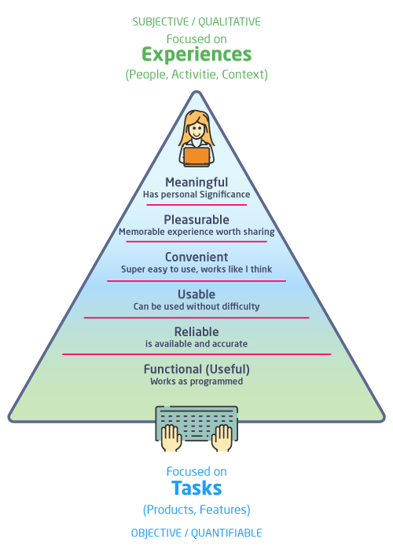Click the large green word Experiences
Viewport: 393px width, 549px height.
coord(196,55)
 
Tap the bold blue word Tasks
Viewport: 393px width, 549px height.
coord(196,488)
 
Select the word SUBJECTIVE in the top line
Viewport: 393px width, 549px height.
coord(160,22)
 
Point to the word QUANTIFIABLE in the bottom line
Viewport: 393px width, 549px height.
coord(226,533)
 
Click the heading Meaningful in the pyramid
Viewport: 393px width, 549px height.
coord(196,183)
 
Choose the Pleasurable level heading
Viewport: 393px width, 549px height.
coord(196,220)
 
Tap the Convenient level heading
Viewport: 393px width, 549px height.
coord(196,257)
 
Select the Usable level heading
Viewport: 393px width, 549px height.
coord(196,295)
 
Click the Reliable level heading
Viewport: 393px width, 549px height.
coord(196,331)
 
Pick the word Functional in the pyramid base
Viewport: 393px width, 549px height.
coord(173,369)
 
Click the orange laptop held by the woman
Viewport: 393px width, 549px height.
coord(196,156)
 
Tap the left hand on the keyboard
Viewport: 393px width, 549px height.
coord(171,437)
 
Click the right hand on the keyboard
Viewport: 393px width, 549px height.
coord(222,437)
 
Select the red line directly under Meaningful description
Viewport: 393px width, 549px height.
coord(196,205)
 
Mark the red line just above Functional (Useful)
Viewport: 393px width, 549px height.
coord(196,354)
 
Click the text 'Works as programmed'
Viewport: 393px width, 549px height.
coord(196,381)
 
